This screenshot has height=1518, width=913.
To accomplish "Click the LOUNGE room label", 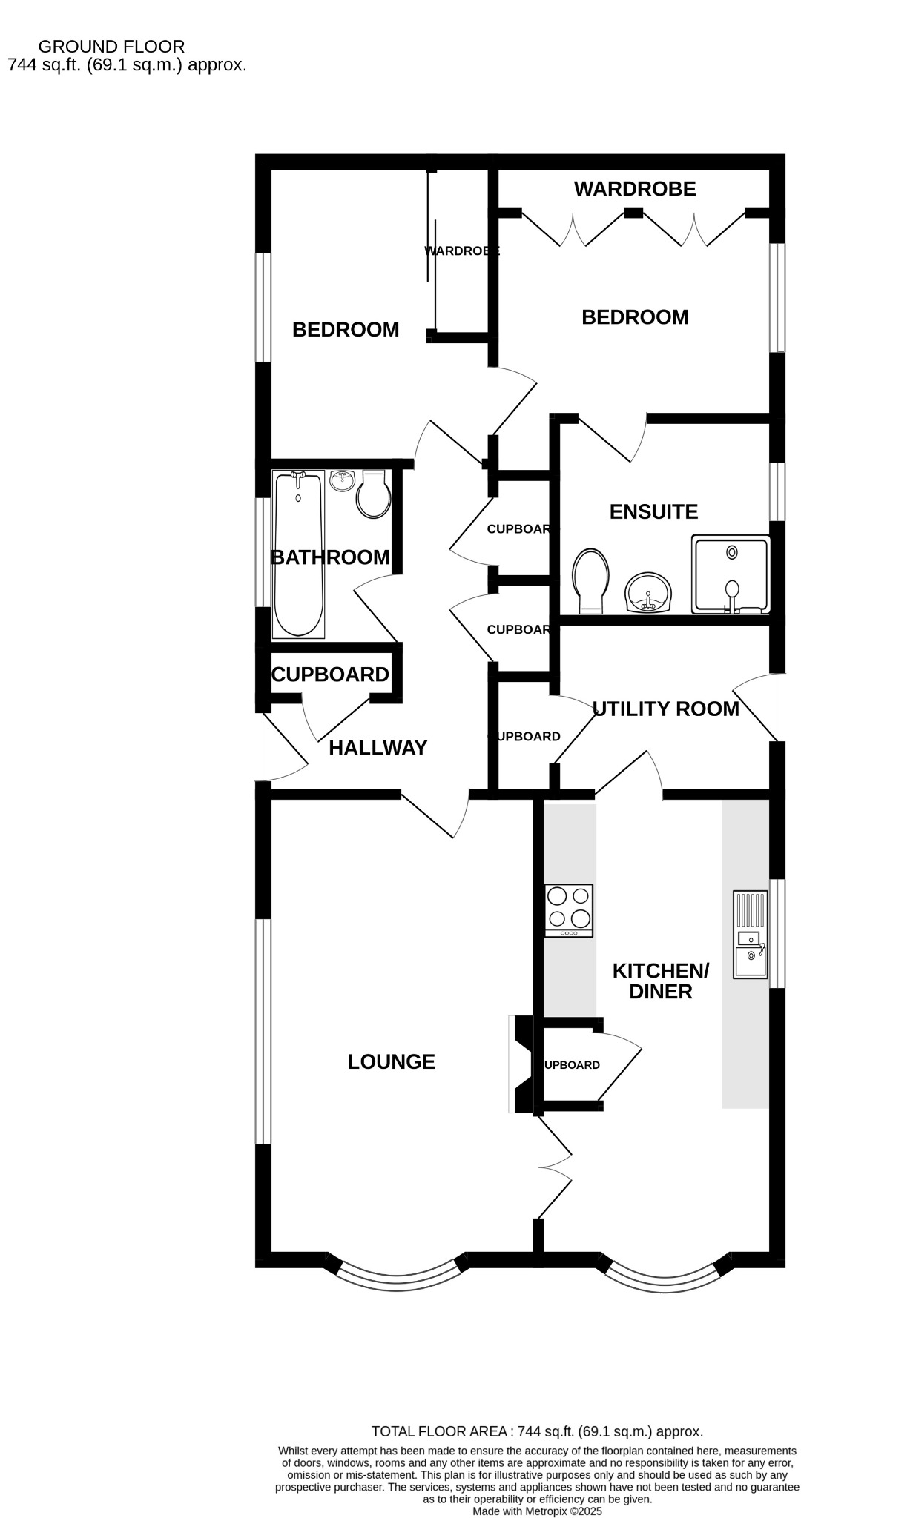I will [391, 1061].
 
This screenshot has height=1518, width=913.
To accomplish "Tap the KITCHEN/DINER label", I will [660, 981].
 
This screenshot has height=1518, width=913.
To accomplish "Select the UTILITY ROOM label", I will [665, 709].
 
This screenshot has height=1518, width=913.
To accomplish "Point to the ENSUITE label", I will [653, 511].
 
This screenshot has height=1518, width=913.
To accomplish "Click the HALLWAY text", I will [378, 748].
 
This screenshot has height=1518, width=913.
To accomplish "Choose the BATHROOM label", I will [330, 557].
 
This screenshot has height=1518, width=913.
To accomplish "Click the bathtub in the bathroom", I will [298, 554].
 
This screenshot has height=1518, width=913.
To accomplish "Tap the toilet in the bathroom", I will [373, 495].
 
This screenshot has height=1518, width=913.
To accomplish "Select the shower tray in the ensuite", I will [731, 576].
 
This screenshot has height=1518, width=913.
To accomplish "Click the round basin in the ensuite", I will [649, 593].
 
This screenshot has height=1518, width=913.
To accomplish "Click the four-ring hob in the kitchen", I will [569, 910].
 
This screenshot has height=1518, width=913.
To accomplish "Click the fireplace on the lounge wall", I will [520, 1064].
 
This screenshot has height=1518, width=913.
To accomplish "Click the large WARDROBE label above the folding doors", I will [635, 189].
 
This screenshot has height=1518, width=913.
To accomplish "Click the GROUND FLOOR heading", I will [111, 47].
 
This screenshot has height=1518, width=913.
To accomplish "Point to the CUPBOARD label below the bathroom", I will [330, 675].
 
